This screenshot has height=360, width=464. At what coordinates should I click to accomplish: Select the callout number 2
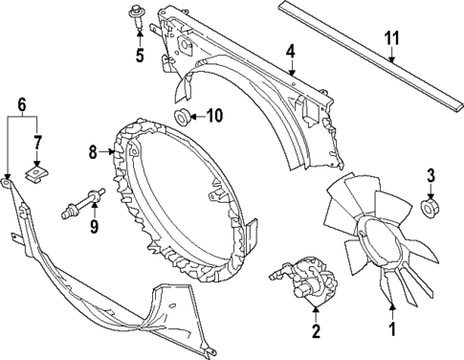[315, 333]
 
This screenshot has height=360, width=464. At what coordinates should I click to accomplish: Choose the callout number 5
[140, 56]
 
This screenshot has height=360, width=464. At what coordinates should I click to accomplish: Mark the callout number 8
[94, 150]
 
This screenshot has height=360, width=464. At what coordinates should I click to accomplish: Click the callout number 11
[390, 39]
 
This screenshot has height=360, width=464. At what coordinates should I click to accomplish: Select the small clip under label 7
[37, 174]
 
